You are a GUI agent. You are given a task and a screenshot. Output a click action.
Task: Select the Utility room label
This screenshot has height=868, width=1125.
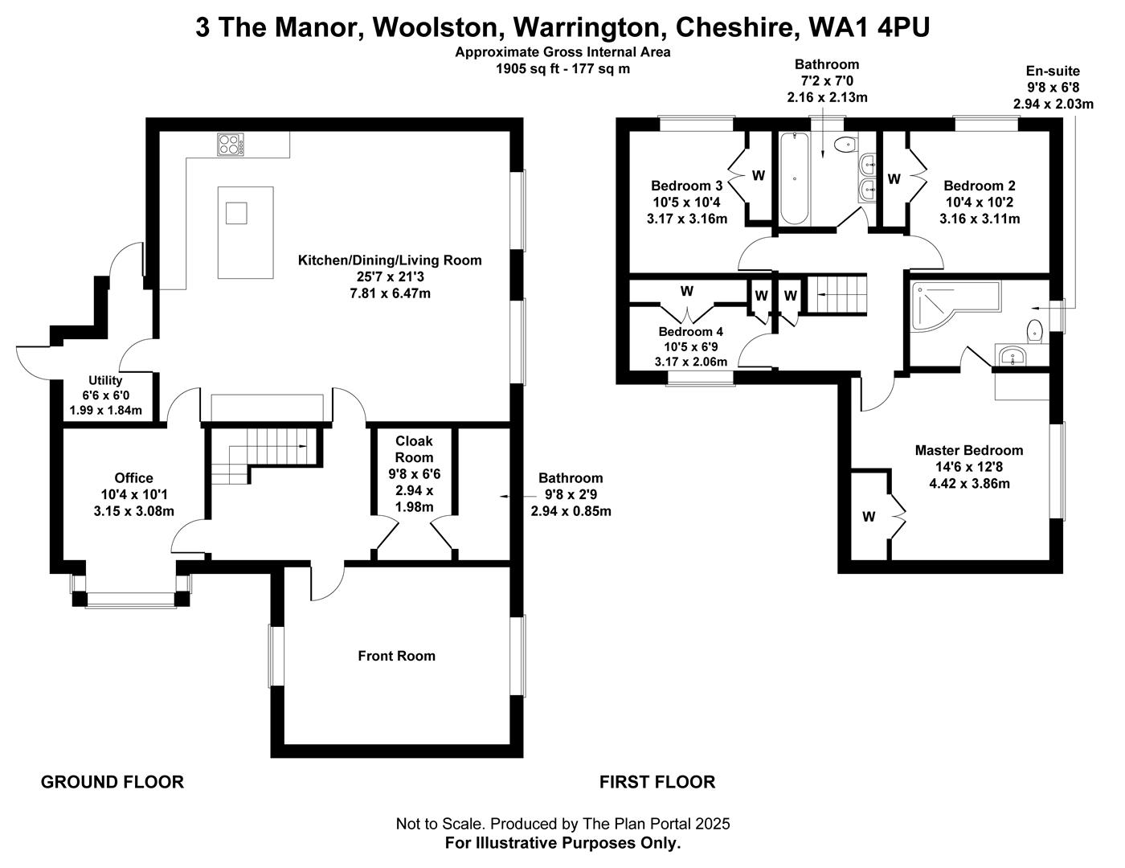105,380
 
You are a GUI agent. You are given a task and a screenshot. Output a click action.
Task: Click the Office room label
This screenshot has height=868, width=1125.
133,477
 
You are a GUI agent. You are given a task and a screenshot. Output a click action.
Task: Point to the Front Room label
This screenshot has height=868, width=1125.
396,656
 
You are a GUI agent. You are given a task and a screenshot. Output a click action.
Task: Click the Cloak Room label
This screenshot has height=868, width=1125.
414,449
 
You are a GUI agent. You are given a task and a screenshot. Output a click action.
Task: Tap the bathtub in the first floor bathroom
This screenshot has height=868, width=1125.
794,178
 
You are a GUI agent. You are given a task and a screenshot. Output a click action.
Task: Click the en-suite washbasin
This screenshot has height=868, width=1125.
1014,356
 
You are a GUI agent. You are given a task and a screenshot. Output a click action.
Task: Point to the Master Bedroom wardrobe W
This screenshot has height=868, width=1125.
869,517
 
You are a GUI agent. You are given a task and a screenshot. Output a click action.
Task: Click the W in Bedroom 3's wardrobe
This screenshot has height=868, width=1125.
758,175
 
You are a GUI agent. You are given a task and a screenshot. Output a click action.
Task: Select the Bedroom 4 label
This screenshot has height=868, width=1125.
690,331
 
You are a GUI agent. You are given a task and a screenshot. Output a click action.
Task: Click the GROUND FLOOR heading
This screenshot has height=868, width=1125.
112,781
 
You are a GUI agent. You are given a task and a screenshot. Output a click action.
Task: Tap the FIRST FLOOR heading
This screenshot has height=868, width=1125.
657,781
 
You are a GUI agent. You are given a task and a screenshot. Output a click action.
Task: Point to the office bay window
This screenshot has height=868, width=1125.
131,599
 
